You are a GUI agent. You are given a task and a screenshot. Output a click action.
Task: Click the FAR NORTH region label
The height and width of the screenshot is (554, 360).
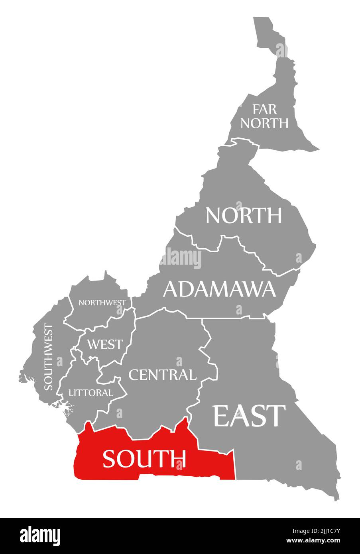[x=264, y=116]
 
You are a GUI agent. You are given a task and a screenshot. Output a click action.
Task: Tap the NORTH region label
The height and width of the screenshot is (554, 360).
[x=244, y=215]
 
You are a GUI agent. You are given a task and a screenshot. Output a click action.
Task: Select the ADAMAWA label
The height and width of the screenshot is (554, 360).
[x=219, y=289]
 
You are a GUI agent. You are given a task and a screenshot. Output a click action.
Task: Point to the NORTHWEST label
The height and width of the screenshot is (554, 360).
[x=102, y=303]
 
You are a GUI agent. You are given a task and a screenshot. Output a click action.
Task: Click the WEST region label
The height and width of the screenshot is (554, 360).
[x=105, y=344]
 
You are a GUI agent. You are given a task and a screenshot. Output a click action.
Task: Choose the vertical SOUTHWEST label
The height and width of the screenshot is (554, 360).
[x=48, y=357]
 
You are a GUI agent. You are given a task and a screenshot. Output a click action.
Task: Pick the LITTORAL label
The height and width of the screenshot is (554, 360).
[x=91, y=393]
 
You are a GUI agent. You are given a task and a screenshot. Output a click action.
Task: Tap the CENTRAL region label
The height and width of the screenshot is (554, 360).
[x=162, y=375]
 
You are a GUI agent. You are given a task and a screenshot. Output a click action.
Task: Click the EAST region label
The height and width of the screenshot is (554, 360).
[x=249, y=415]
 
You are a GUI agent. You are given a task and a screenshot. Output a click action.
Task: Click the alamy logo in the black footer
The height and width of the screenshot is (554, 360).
[x=40, y=535]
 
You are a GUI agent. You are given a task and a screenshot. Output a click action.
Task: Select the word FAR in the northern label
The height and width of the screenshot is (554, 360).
[x=264, y=109]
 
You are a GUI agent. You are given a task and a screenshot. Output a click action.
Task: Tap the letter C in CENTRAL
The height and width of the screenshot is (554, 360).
[x=134, y=375]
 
